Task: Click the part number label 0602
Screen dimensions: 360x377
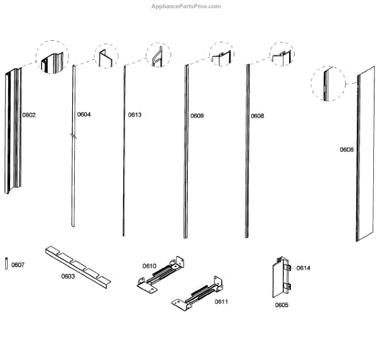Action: [30, 115]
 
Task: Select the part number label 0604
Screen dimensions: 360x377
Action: [84, 114]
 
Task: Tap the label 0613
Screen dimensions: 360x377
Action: [134, 115]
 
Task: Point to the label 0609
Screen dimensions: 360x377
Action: [197, 116]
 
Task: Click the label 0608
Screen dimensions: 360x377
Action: [257, 116]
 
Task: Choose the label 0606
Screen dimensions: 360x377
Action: [346, 150]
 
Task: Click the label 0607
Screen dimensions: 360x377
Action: [18, 265]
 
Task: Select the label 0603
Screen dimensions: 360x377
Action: [68, 276]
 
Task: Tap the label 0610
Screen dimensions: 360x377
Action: [149, 266]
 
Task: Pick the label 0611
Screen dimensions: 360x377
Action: [221, 302]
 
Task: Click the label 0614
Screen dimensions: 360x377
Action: [303, 268]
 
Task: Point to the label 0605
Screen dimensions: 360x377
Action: [281, 305]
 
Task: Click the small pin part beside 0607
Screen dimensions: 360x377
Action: [6, 264]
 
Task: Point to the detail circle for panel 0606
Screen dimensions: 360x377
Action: [328, 84]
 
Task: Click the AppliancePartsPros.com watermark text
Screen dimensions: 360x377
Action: [187, 6]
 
